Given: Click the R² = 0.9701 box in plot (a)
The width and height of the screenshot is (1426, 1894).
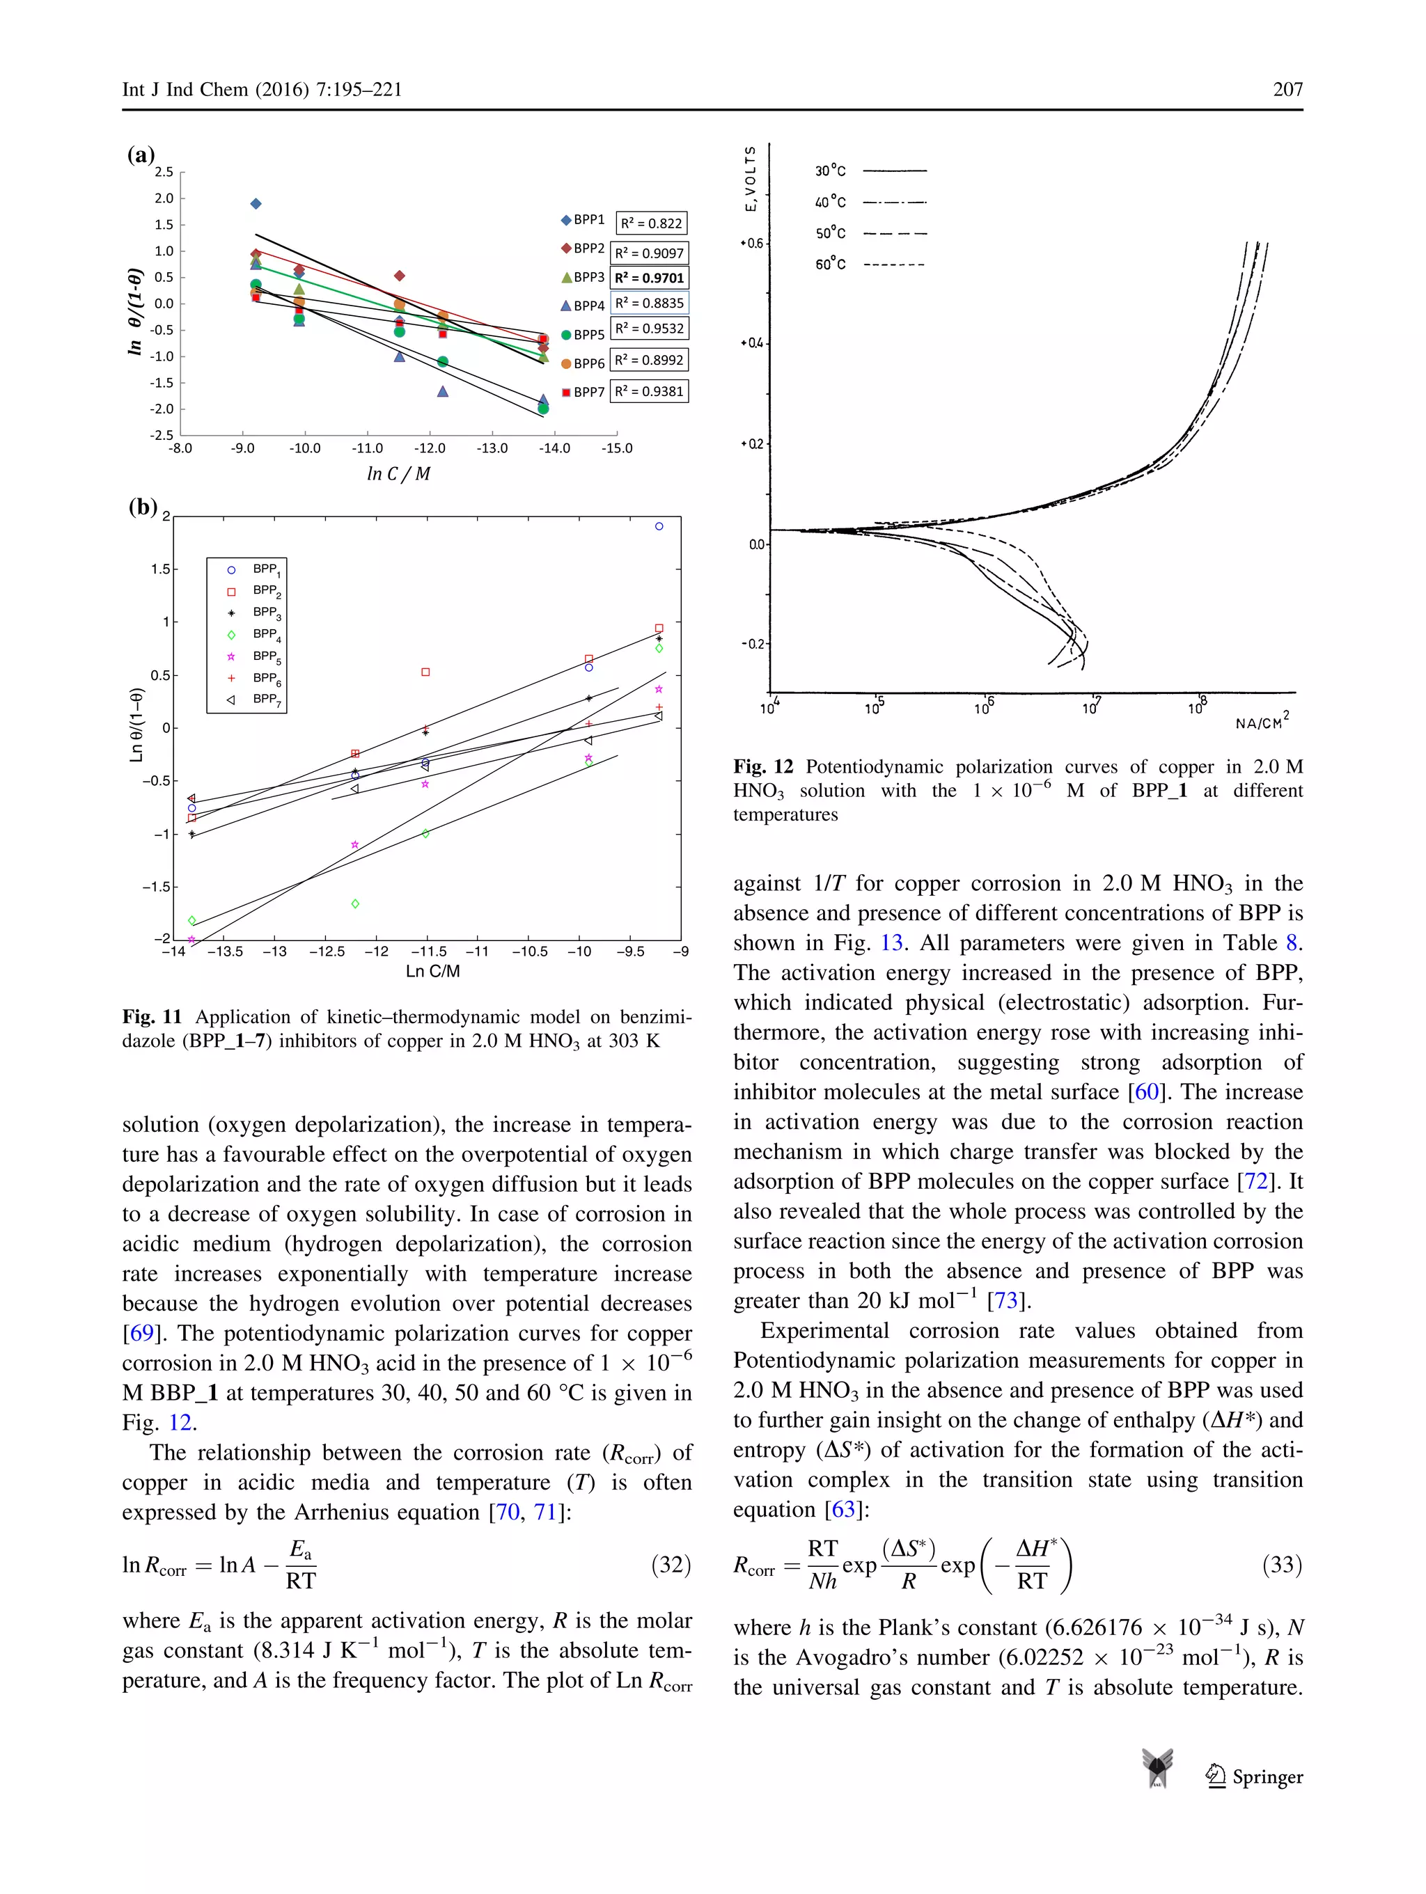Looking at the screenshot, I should (649, 278).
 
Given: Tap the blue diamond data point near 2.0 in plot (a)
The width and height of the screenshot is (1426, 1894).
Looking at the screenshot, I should (256, 204).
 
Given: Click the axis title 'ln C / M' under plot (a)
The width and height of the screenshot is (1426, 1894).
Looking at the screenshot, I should (398, 473).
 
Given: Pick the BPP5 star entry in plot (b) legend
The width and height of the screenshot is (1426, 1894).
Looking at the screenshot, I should (256, 656).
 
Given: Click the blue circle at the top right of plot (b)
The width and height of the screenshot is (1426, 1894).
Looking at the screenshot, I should (659, 527).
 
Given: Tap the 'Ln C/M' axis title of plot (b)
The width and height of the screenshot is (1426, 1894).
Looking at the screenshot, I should (432, 971).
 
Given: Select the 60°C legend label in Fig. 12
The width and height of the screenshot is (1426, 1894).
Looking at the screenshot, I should (830, 265).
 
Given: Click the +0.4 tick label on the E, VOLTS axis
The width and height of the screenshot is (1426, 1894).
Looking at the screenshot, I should (751, 343).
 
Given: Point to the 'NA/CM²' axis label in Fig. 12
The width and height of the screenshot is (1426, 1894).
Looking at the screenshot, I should (1262, 722).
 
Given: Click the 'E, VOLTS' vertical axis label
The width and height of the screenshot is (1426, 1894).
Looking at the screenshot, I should (751, 178).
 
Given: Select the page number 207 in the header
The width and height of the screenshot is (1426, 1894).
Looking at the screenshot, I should (1287, 90).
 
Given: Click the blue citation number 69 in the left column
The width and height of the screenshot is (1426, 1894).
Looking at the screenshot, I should (141, 1333).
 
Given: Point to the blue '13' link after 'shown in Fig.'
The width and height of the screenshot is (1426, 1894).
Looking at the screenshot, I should (891, 942).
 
